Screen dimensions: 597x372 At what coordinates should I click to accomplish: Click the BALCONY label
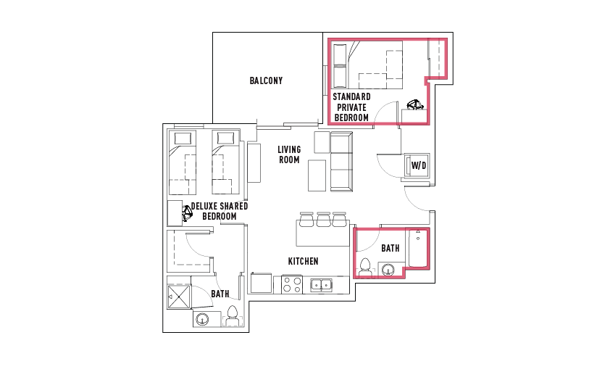click(x=266, y=80)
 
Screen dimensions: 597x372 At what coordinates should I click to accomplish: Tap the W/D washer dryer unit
click(x=417, y=165)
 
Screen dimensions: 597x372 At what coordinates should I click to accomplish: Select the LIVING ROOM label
click(x=289, y=154)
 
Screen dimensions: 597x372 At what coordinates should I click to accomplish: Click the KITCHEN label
click(x=303, y=262)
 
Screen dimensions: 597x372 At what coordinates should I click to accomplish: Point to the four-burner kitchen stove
click(x=292, y=284)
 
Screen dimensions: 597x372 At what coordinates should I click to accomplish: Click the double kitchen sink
click(x=321, y=285)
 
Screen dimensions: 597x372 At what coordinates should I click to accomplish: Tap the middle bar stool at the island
click(x=323, y=220)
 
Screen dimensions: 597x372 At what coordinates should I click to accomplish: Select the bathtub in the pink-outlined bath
click(x=417, y=248)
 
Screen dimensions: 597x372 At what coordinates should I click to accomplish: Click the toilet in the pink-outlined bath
click(x=365, y=267)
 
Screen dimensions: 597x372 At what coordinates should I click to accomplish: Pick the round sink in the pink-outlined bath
click(x=388, y=270)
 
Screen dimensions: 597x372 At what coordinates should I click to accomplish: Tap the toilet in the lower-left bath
click(x=233, y=316)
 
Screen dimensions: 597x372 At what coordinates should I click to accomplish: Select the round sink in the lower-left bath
click(x=202, y=319)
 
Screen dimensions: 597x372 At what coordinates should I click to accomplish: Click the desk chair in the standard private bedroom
click(x=415, y=104)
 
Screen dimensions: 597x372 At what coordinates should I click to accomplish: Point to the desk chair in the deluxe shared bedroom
click(x=187, y=214)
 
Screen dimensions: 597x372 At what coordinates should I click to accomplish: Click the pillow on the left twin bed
click(x=183, y=138)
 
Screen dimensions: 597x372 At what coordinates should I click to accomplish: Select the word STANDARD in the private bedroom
click(x=351, y=97)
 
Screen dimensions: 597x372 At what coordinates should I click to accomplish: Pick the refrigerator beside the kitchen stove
click(x=261, y=283)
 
